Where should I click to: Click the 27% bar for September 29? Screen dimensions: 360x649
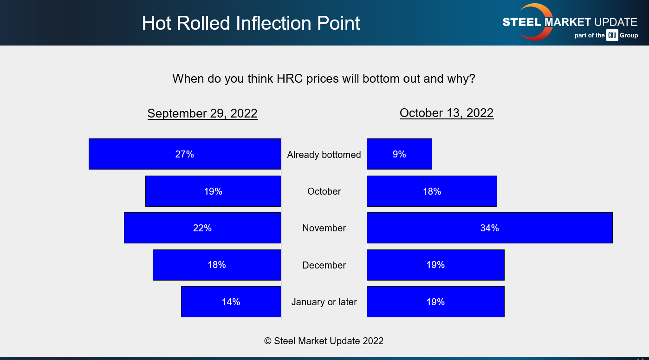coord(185,154)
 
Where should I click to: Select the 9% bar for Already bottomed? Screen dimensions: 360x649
coord(399,154)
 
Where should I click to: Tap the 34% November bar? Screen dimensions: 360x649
coord(490,228)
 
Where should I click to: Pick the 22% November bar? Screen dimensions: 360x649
coord(202,228)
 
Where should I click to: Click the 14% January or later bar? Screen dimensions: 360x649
coord(231,301)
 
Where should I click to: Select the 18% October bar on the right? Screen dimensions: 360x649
coord(432,191)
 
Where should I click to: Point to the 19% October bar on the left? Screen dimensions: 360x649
coord(213,191)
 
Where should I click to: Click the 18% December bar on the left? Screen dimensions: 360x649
coord(217,265)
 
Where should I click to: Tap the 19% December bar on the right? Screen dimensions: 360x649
coord(435,265)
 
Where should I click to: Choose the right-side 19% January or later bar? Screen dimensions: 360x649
coord(435,301)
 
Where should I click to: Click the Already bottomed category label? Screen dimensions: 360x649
coord(324,155)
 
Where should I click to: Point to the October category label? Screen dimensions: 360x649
coord(324,191)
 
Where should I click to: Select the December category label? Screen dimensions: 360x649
coord(324,265)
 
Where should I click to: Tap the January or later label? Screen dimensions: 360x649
coord(324,302)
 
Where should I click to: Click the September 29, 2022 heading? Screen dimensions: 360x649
coord(202,113)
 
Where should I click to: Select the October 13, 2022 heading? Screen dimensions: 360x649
coord(447,113)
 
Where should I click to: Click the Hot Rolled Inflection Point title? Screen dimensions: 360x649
coord(251,23)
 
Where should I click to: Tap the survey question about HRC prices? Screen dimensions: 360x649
coord(324,78)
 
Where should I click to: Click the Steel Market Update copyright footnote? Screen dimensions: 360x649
coord(324,341)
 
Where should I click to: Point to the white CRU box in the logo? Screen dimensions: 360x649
coord(612,35)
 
